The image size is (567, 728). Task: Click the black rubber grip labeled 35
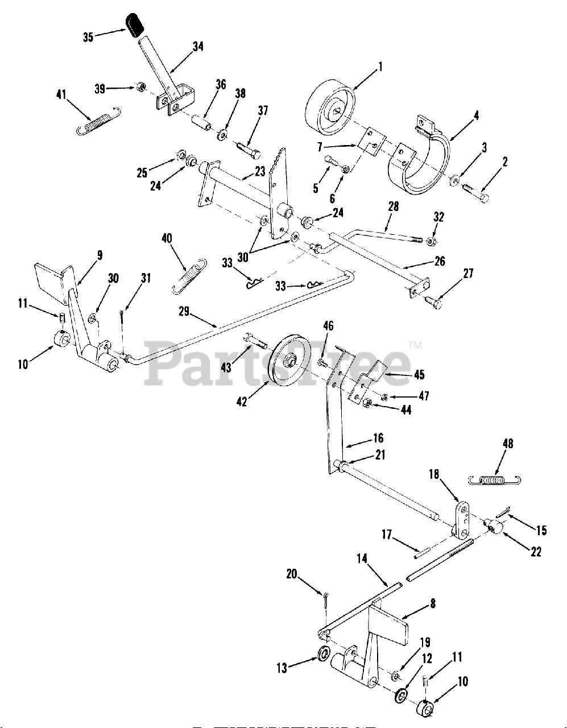(x=135, y=26)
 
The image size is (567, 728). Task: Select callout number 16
(x=378, y=438)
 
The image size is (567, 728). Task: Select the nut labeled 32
(x=431, y=242)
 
